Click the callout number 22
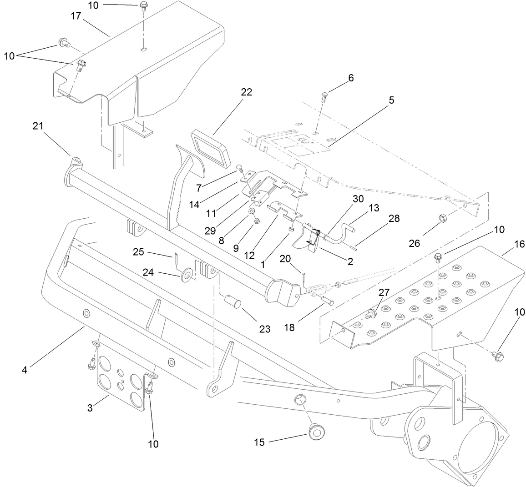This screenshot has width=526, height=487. click(247, 92)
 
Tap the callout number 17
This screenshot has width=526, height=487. click(76, 16)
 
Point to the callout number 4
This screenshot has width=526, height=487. click(25, 370)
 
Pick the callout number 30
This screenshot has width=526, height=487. click(358, 199)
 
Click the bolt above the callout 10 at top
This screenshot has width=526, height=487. click(143, 6)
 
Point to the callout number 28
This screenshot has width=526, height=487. click(394, 218)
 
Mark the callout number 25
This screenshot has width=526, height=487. click(139, 251)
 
